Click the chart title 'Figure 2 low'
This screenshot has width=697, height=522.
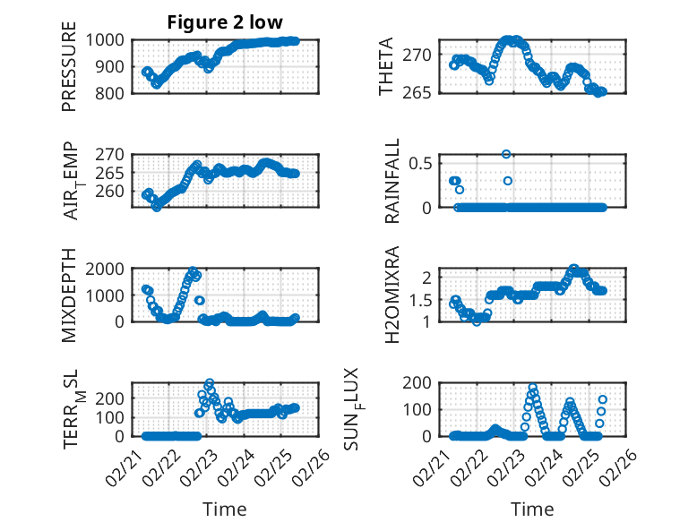pyautogui.click(x=225, y=23)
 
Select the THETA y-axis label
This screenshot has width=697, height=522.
pyautogui.click(x=386, y=67)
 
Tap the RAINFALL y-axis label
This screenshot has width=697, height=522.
pyautogui.click(x=392, y=182)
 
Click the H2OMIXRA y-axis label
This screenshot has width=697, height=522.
pyautogui.click(x=392, y=296)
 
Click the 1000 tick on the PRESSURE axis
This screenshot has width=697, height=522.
pyautogui.click(x=108, y=40)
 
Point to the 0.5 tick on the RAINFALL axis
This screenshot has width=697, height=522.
pyautogui.click(x=423, y=163)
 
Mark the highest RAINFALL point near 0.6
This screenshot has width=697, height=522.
pyautogui.click(x=506, y=154)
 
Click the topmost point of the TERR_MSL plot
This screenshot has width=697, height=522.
pyautogui.click(x=210, y=384)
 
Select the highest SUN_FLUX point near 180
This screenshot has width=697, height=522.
pyautogui.click(x=532, y=389)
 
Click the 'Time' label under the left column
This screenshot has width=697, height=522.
pyautogui.click(x=225, y=509)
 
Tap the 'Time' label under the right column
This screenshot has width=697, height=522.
pyautogui.click(x=532, y=509)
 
